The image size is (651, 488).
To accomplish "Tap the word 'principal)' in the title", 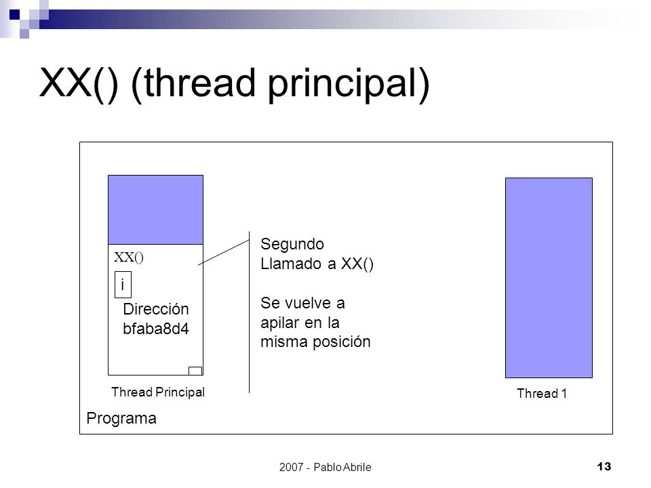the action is pos(349,85).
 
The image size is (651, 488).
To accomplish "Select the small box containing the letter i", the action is pos(123,285).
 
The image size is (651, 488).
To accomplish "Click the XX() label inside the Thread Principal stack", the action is pos(129,258).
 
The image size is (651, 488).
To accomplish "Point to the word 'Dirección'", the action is pos(156,309).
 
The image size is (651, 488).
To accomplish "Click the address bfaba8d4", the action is pos(156,329).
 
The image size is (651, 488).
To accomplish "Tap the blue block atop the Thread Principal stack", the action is pos(156,209).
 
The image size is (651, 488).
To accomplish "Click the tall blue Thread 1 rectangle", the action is pos(549,278).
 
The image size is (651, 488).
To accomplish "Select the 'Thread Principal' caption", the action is pos(158,392).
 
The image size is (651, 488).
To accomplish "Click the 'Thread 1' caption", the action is pos(542,393).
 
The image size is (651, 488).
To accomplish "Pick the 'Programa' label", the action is pos(121,418).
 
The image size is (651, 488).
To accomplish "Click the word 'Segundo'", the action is pos(292,245).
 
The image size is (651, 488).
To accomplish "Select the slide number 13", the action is pos(604,466).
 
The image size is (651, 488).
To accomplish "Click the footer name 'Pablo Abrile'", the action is pos(342,467).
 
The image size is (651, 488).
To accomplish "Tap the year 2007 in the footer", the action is pos(292,467).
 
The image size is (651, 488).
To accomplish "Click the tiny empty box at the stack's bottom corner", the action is pos(195,371).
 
